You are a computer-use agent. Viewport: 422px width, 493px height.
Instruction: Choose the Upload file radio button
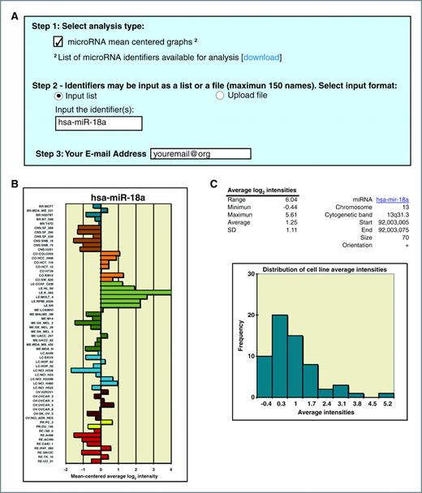pos(220,96)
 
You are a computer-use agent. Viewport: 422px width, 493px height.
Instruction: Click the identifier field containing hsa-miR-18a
pos(97,124)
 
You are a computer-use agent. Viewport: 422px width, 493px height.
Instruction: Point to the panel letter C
pos(214,185)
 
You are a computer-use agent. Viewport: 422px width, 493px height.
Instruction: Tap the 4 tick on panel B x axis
pos(170,470)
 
